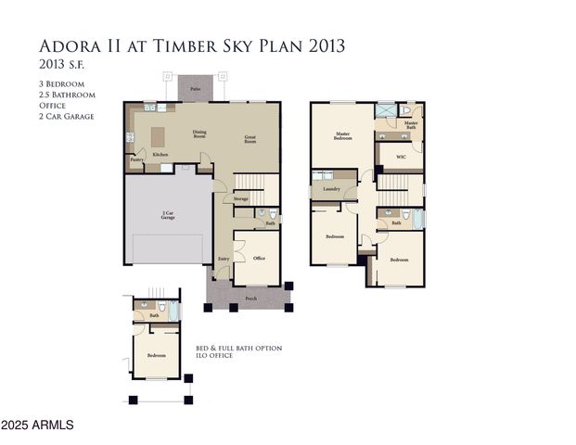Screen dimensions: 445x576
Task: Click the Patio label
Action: click(196, 89)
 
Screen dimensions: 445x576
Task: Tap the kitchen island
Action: click(158, 133)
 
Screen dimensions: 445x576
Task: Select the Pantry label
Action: click(136, 159)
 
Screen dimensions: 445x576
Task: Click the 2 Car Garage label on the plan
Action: click(169, 216)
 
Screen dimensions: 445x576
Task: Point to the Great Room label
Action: click(250, 139)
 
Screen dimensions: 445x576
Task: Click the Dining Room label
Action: click(199, 133)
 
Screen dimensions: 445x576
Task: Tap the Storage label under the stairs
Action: click(240, 198)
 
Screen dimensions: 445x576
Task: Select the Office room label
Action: click(259, 259)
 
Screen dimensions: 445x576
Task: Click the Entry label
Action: click(224, 259)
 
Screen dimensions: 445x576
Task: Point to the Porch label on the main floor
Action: click(250, 299)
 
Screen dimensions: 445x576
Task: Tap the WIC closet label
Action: click(401, 157)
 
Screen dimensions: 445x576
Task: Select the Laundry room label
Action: click(330, 189)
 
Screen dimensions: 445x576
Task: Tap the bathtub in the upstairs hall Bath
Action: click(417, 220)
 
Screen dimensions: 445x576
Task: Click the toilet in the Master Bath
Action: click(406, 110)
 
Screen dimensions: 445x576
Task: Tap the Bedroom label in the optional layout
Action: click(156, 355)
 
